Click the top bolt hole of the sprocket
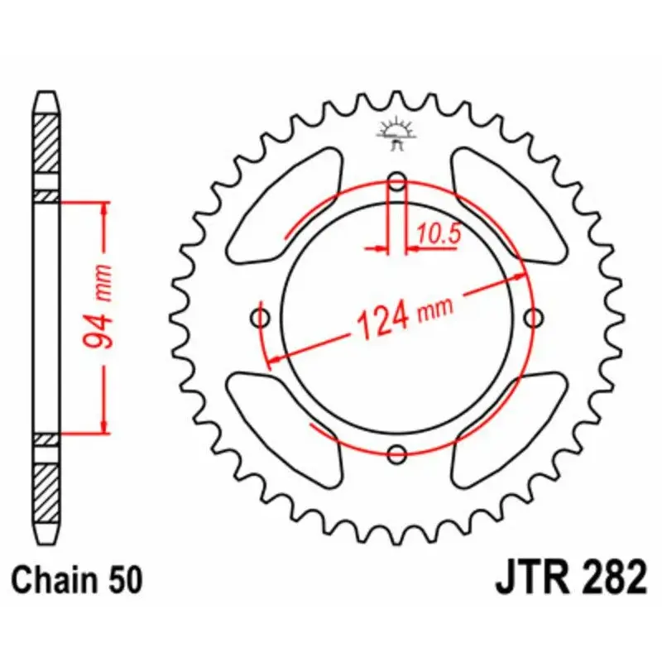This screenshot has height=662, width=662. tap(398, 182)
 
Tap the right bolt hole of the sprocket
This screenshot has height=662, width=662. tap(534, 317)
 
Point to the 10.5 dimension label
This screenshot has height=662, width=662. tap(438, 234)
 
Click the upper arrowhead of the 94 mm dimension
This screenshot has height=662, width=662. tap(103, 207)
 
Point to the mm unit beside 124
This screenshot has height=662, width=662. tap(435, 309)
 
